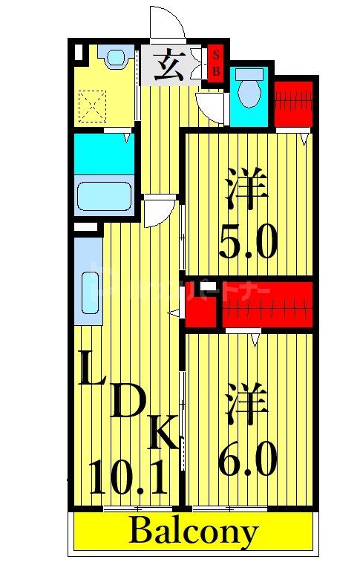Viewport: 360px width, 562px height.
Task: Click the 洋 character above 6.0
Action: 246,404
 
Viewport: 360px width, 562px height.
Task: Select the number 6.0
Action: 248,457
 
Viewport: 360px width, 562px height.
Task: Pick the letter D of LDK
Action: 127,405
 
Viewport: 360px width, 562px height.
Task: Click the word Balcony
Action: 194,532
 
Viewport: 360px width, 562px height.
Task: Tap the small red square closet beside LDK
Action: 201,304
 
